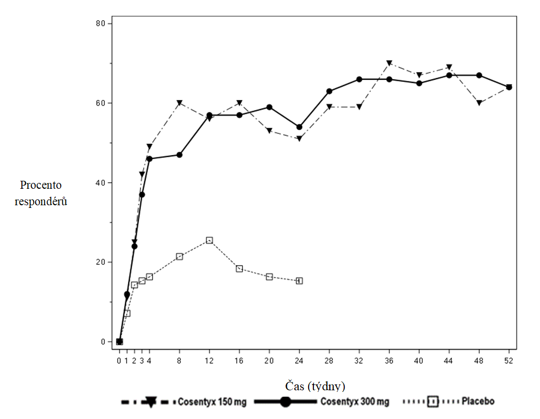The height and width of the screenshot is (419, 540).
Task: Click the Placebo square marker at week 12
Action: click(x=209, y=240)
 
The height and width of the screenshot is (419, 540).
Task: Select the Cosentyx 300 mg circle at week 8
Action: click(x=179, y=155)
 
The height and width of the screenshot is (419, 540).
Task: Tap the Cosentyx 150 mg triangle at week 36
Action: click(x=389, y=63)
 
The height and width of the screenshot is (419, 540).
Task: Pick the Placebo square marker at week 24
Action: click(x=299, y=281)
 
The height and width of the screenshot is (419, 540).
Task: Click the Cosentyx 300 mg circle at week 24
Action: click(x=299, y=127)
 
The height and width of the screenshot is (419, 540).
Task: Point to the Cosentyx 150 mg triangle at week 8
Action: click(x=179, y=103)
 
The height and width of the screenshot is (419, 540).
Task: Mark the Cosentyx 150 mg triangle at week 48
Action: click(x=479, y=103)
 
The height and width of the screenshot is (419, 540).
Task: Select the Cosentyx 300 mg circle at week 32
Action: click(x=359, y=79)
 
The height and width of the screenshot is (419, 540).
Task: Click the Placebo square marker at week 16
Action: click(x=239, y=269)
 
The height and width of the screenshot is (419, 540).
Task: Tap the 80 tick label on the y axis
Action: click(x=100, y=23)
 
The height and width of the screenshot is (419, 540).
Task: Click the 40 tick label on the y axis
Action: click(x=100, y=182)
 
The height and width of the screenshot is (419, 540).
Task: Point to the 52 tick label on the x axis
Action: click(x=509, y=361)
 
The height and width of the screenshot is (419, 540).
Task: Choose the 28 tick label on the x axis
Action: click(x=329, y=361)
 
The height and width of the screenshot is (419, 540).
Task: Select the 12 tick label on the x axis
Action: click(x=209, y=361)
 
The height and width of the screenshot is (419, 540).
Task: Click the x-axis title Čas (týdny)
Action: click(x=315, y=385)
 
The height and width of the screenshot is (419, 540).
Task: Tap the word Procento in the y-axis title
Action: click(x=41, y=186)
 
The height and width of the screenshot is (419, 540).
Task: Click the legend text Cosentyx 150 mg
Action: click(x=212, y=402)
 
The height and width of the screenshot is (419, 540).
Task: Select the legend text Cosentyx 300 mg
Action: click(x=354, y=402)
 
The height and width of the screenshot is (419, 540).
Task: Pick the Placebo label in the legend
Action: click(x=478, y=401)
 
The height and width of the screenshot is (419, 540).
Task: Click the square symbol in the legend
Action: click(x=432, y=402)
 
